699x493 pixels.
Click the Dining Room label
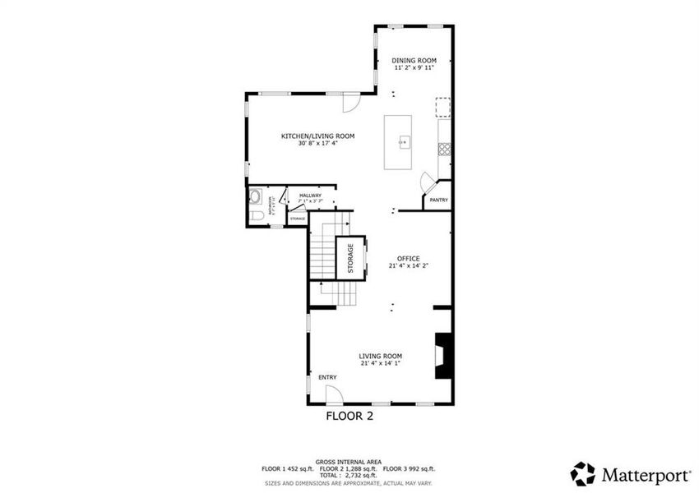414,60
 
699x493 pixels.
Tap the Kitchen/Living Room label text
317,136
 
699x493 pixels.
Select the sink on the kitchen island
404,142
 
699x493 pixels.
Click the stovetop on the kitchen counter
444,149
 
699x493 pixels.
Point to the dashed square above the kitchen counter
443,107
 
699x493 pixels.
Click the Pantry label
438,200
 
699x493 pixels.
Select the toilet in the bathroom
256,215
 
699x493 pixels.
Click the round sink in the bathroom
255,197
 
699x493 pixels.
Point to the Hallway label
310,195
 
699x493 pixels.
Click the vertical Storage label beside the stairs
350,258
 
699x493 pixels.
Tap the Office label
409,258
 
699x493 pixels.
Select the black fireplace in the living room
443,355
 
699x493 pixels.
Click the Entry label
328,377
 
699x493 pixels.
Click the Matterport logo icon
582,473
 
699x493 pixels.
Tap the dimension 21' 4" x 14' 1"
380,363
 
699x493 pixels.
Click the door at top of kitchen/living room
350,104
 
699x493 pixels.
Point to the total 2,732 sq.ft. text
351,476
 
